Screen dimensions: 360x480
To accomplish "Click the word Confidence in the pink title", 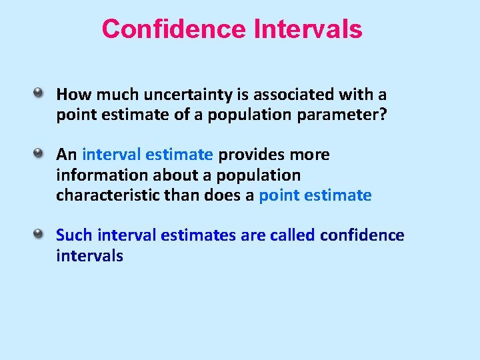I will coord(173,29).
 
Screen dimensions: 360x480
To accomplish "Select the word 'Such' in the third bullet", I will coord(74,235).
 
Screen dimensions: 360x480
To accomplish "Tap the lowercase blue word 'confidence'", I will coord(362,235).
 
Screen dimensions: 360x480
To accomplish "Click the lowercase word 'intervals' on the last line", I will coord(89,255).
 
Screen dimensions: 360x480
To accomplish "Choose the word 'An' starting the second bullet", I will coord(67,155).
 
